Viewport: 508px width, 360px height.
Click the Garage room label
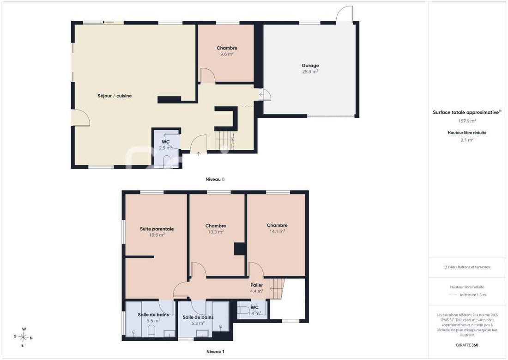click(x=310, y=66)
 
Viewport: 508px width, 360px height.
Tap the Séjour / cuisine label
click(x=115, y=96)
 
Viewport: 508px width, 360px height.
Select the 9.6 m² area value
click(x=227, y=54)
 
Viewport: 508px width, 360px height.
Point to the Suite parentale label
click(x=157, y=229)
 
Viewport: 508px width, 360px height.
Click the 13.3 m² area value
click(x=216, y=232)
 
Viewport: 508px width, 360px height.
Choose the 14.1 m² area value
click(x=278, y=231)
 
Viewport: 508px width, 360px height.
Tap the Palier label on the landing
click(x=257, y=285)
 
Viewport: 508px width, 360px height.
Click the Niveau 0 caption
click(x=215, y=179)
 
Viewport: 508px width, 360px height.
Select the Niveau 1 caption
click(x=216, y=352)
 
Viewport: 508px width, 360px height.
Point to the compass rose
click(x=24, y=337)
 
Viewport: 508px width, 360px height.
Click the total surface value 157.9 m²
click(x=467, y=121)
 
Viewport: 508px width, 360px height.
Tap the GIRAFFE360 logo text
click(x=467, y=345)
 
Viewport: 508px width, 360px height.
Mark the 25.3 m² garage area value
click(x=310, y=72)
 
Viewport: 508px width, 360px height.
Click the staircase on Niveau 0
click(x=225, y=140)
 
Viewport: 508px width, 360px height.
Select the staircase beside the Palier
click(x=277, y=289)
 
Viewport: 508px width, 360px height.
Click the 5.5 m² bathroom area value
click(x=153, y=321)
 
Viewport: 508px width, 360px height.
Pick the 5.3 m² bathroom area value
click(x=198, y=323)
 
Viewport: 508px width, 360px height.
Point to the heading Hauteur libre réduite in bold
click(x=467, y=133)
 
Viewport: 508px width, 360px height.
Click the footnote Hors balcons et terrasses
click(x=467, y=267)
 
